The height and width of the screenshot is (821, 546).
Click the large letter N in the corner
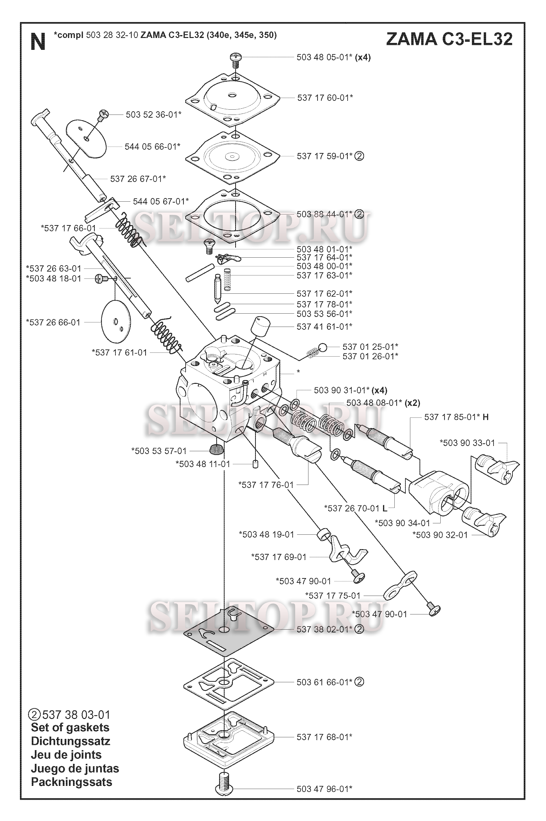(38, 42)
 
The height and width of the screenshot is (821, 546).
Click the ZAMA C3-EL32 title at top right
(449, 39)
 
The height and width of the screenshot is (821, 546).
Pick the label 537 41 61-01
(325, 326)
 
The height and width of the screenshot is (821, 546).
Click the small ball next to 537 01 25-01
(322, 347)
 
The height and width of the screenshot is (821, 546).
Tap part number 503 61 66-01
(325, 682)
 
